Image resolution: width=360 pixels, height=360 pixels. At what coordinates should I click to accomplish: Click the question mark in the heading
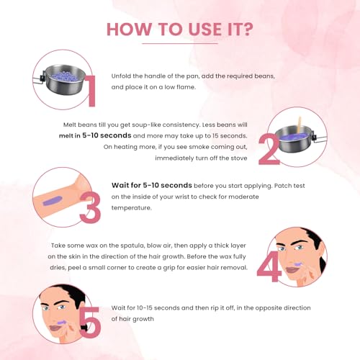point(246,30)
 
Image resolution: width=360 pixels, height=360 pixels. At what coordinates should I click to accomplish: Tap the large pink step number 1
point(91,91)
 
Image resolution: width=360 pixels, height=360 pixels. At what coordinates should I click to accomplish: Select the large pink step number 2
point(269,149)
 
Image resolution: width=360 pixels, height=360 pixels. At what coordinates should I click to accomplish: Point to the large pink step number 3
point(90,208)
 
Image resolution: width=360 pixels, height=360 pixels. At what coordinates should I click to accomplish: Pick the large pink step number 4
point(269,266)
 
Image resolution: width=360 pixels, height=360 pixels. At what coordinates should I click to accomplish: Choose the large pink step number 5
point(90,322)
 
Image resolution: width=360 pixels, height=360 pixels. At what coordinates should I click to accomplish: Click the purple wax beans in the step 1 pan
point(63,76)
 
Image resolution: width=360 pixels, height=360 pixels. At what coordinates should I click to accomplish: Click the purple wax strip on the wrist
point(52,200)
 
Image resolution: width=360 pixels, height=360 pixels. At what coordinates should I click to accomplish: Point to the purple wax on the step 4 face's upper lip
point(298,264)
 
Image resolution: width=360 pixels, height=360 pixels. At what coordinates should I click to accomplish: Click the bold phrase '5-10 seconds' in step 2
point(107,135)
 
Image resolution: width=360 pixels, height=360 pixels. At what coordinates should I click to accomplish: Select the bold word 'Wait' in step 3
point(120,185)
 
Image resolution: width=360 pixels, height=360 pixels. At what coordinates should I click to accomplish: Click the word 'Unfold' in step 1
point(121,76)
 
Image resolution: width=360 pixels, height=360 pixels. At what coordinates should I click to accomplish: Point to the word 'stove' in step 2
point(239,158)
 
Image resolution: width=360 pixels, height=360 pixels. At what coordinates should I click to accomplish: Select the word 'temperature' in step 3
point(131,208)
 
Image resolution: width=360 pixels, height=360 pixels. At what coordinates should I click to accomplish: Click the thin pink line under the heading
point(180,44)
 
